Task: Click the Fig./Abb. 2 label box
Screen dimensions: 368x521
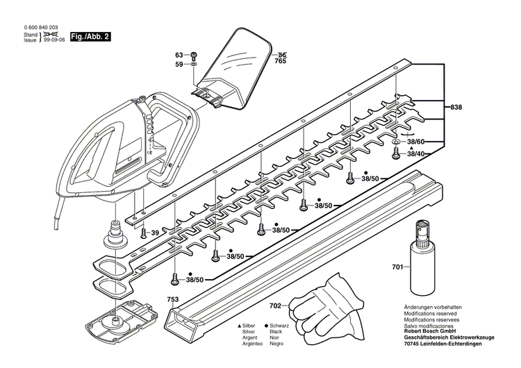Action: pos(91,36)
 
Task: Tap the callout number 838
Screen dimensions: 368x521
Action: pos(456,108)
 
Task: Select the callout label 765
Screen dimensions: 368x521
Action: pos(281,62)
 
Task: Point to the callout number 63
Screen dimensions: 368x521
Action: pos(179,54)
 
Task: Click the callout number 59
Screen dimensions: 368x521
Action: pos(179,65)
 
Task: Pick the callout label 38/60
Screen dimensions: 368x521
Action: pos(419,141)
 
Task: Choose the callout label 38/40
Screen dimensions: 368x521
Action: pos(419,153)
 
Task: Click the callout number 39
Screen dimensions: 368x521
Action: pos(156,233)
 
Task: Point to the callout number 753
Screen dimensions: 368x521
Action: pos(172,299)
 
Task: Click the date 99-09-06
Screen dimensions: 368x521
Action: pos(55,41)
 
